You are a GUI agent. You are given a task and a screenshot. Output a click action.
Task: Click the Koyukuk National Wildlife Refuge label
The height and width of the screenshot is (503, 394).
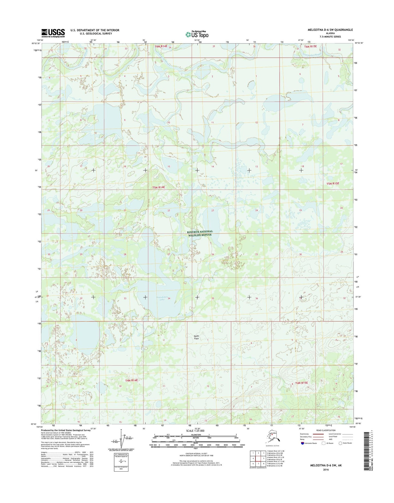coord(200,233)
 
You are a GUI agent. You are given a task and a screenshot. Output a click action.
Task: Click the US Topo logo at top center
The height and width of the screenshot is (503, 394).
coord(197,34)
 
